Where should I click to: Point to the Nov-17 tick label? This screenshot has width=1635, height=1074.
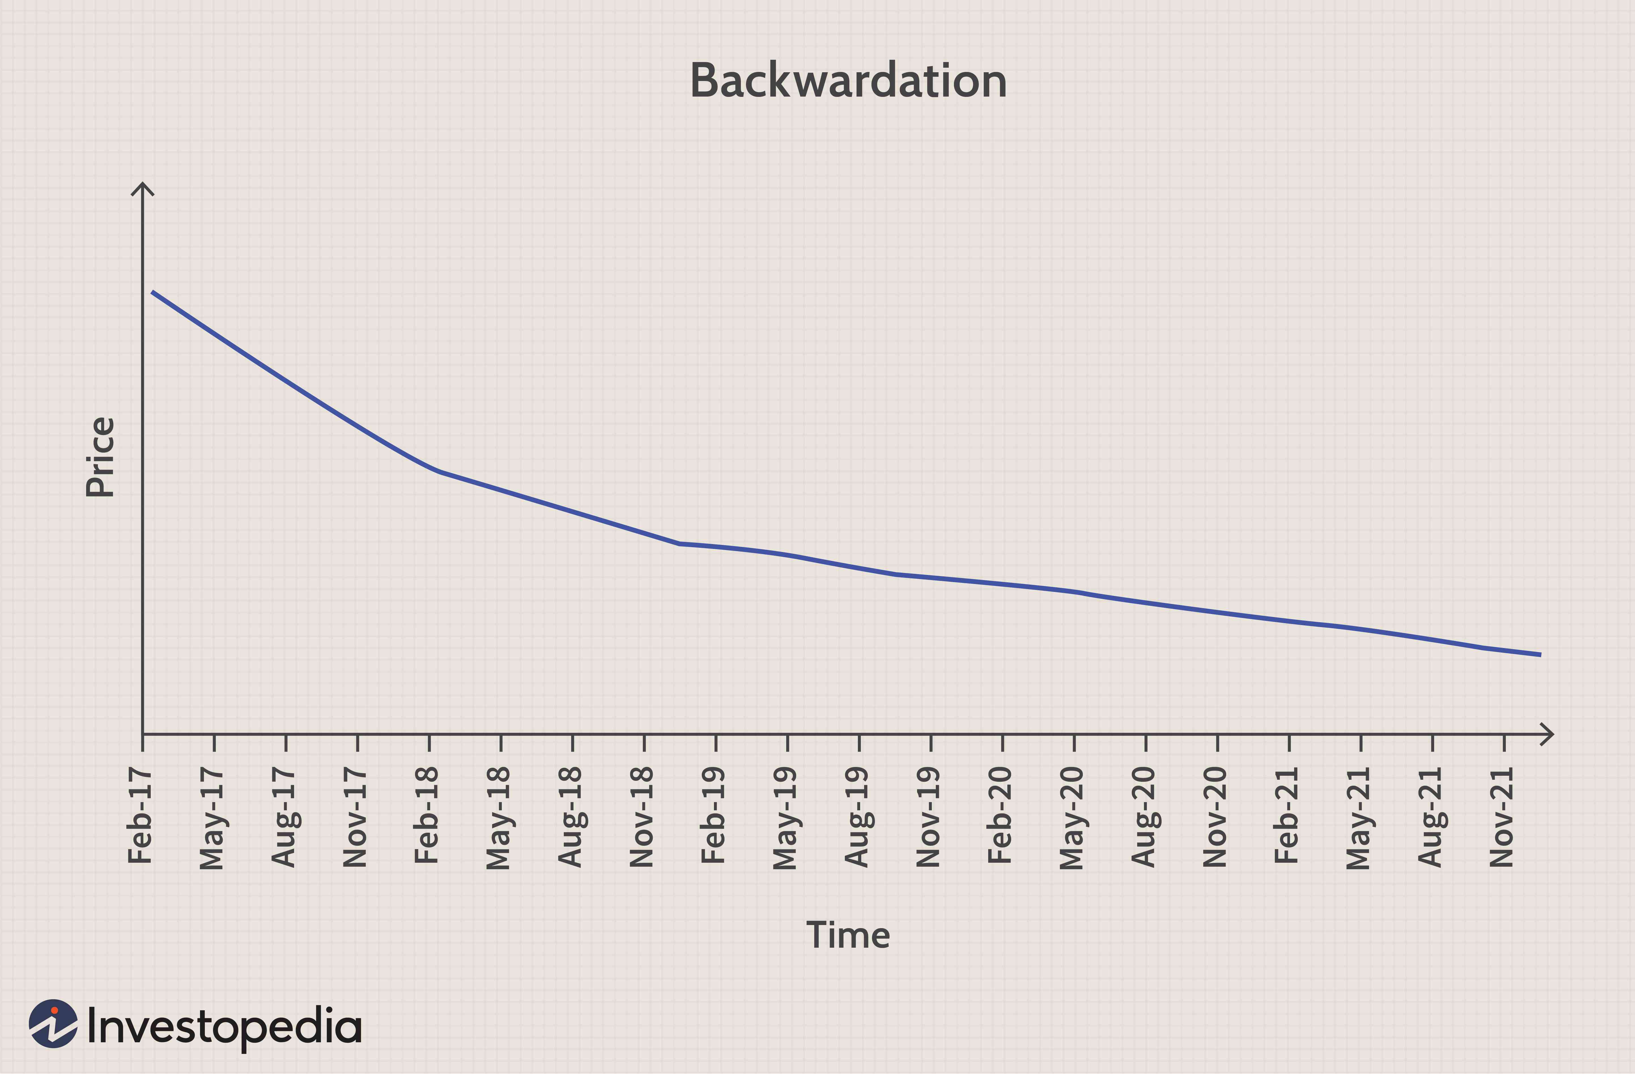point(355,817)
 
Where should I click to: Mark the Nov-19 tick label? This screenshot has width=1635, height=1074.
point(929,817)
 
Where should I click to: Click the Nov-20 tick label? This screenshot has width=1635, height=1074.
point(1215,817)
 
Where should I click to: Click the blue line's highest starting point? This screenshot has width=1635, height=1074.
point(152,292)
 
